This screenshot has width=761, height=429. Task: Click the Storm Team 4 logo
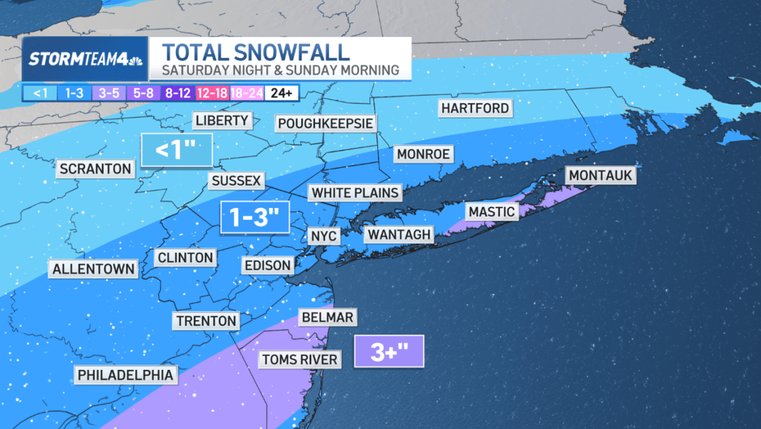click(x=85, y=59)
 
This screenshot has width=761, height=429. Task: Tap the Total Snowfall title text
click(x=255, y=52)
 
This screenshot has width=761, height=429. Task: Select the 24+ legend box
click(x=281, y=93)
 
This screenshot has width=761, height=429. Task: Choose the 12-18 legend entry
click(x=212, y=93)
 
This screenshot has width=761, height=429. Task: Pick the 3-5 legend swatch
click(x=109, y=93)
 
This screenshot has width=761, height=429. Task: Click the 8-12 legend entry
click(x=178, y=93)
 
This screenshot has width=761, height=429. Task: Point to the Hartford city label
click(x=475, y=109)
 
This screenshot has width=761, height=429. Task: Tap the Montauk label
click(x=600, y=175)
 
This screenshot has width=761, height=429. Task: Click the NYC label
click(x=324, y=236)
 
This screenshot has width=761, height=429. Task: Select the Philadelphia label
click(x=126, y=375)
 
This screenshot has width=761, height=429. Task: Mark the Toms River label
click(x=300, y=360)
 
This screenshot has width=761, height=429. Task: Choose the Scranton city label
click(x=96, y=169)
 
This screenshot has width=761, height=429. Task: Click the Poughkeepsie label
click(x=326, y=123)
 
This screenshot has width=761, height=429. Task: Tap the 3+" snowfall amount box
click(x=388, y=351)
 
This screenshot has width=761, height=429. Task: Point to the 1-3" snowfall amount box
click(x=255, y=217)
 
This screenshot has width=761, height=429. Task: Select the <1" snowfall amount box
click(x=176, y=150)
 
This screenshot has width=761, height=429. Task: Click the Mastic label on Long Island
click(x=491, y=211)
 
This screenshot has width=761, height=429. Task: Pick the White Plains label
click(x=355, y=193)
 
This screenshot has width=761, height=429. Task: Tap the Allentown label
click(x=94, y=269)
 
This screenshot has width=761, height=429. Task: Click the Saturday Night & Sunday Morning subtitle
click(x=280, y=70)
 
